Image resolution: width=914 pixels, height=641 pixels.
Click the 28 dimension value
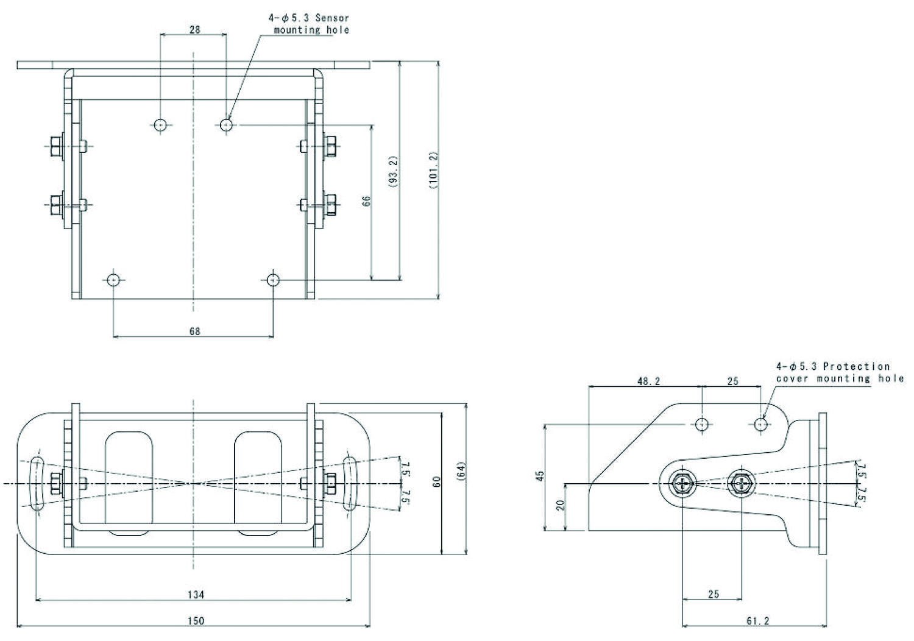(x=195, y=29)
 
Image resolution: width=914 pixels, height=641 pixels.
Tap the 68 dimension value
(x=195, y=331)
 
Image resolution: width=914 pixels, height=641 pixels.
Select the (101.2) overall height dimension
(x=433, y=170)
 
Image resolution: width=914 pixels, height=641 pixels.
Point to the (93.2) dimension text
(x=394, y=171)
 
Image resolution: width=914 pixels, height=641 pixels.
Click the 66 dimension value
(x=366, y=201)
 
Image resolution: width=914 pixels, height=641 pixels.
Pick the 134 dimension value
(x=196, y=595)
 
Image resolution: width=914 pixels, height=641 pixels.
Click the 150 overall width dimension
(x=196, y=621)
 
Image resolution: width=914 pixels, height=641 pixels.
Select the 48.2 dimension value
(x=649, y=381)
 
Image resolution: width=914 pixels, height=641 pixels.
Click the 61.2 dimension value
(x=758, y=621)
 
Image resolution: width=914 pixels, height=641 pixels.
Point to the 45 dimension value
(x=540, y=476)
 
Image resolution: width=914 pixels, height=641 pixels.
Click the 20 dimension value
(x=561, y=505)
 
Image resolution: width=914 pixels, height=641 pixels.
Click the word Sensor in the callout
(x=332, y=18)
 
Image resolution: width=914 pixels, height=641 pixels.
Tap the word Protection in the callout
(x=857, y=366)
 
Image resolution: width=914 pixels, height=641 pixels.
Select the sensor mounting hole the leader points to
(x=226, y=124)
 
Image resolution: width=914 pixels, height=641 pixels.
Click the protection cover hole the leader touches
(x=760, y=424)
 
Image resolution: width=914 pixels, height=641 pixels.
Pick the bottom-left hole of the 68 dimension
(x=113, y=280)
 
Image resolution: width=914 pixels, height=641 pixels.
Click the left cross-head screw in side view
(x=682, y=484)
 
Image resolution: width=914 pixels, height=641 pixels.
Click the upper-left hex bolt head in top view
(x=56, y=146)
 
